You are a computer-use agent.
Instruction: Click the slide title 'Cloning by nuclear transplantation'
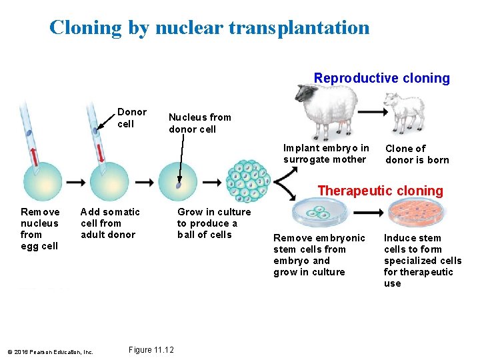pos(209,27)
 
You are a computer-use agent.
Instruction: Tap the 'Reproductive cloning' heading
pos(382,78)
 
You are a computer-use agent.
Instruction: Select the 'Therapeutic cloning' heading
pos(380,191)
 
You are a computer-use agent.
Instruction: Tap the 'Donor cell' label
pos(131,118)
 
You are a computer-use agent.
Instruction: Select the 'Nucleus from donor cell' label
pos(199,123)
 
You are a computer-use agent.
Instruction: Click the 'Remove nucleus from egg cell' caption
pos(39,229)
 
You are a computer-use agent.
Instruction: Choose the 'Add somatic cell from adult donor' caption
pos(110,223)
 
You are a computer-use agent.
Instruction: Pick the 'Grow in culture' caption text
pos(213,223)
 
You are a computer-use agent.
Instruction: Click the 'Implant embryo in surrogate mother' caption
pos(325,153)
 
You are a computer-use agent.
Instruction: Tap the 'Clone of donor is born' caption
pos(417,154)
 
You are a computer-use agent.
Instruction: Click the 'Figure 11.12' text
pos(151,350)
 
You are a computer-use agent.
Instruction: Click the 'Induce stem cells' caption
pos(422,261)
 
